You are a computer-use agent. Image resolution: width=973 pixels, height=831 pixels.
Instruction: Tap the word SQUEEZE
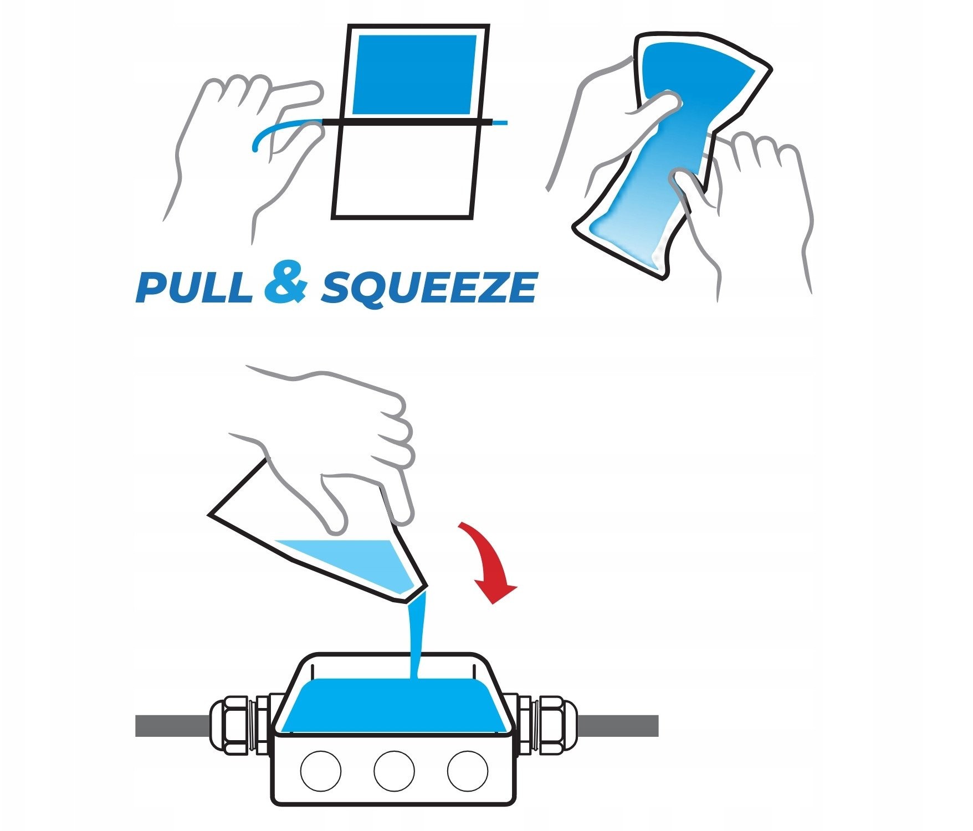429,288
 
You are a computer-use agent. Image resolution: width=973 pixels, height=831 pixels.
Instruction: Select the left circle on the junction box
320,771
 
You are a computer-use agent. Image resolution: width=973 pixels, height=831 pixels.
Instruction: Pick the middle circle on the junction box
394,771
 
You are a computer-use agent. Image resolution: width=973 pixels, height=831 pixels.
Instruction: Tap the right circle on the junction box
468,771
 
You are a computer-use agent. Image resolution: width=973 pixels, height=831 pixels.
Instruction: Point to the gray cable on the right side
617,726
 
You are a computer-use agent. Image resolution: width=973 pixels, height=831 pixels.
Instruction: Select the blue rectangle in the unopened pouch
414,75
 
